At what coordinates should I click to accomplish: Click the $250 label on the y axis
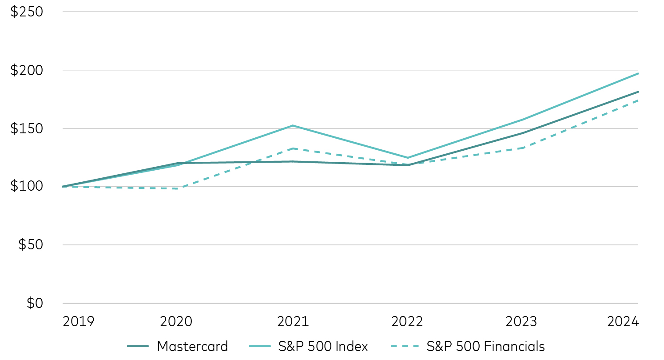[x=27, y=12]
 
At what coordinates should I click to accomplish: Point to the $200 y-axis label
[x=27, y=70]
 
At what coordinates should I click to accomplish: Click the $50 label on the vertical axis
[x=30, y=245]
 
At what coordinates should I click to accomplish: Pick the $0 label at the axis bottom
[x=35, y=303]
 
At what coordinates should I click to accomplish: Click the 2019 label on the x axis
[x=79, y=322]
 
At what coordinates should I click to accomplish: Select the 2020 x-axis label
[x=176, y=322]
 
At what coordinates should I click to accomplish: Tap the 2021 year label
[x=293, y=322]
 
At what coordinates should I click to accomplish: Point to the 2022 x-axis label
[x=407, y=322]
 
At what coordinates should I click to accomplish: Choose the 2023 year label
[x=522, y=322]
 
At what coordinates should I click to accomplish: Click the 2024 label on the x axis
[x=622, y=322]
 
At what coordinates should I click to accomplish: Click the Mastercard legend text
[x=192, y=346]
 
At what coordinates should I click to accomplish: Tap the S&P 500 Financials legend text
[x=485, y=346]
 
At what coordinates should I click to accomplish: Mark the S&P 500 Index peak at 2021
[x=293, y=125]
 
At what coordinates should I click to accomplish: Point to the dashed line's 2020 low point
[x=178, y=188]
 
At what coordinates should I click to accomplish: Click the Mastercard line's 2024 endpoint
[x=638, y=92]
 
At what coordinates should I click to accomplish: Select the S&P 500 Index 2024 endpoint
[x=638, y=73]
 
